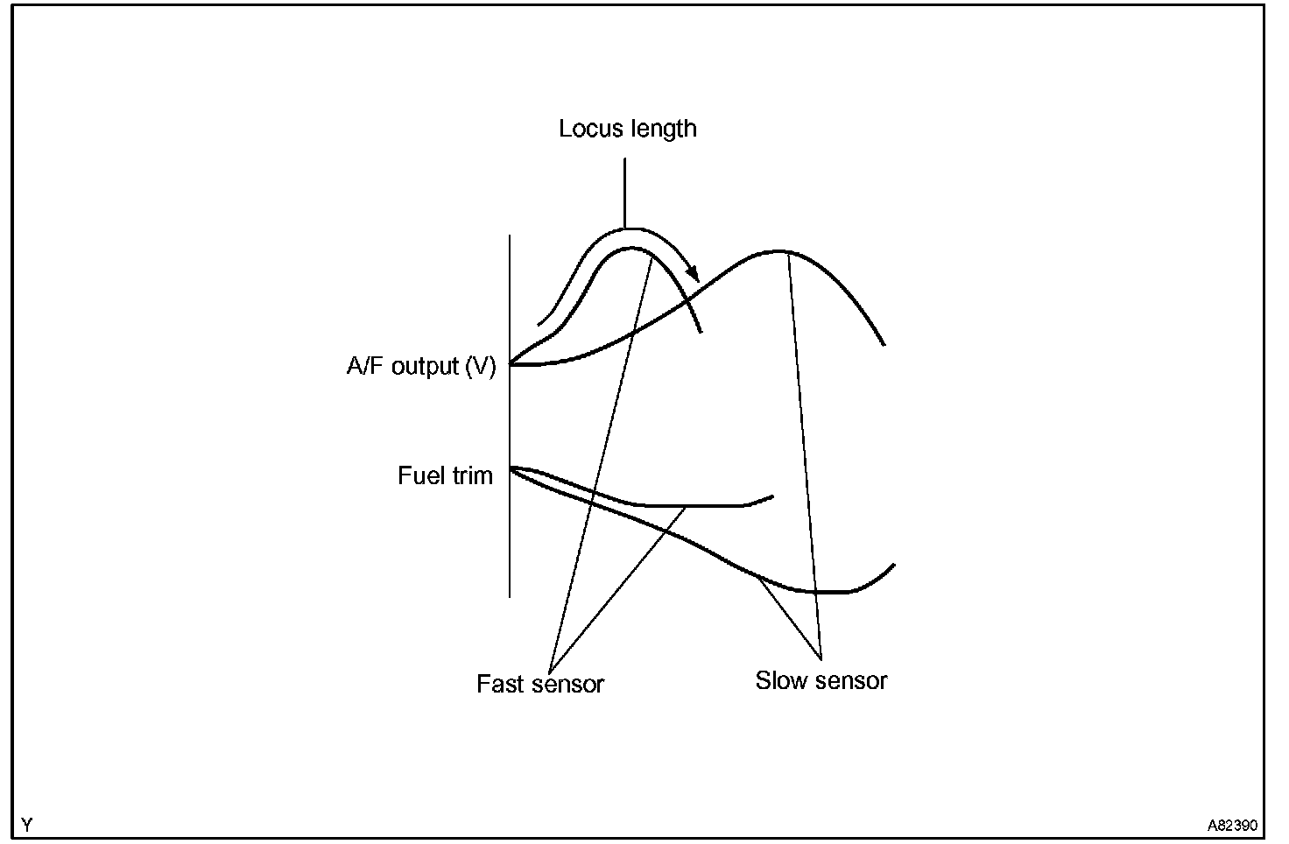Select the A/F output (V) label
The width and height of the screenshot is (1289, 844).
point(421,366)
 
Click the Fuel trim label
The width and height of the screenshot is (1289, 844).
point(445,476)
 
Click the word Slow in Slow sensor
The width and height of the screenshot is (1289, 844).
point(779,680)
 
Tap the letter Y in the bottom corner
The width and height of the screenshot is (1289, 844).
point(27,825)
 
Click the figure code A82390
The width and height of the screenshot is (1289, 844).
point(1233,826)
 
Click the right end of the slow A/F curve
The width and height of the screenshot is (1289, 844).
point(884,344)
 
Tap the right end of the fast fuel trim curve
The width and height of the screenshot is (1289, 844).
point(772,496)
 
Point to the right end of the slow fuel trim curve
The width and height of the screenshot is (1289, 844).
point(893,565)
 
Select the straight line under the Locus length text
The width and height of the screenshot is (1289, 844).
point(625,193)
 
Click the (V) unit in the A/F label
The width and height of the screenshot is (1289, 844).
point(480,366)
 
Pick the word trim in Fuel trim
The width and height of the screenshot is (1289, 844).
point(473,476)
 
